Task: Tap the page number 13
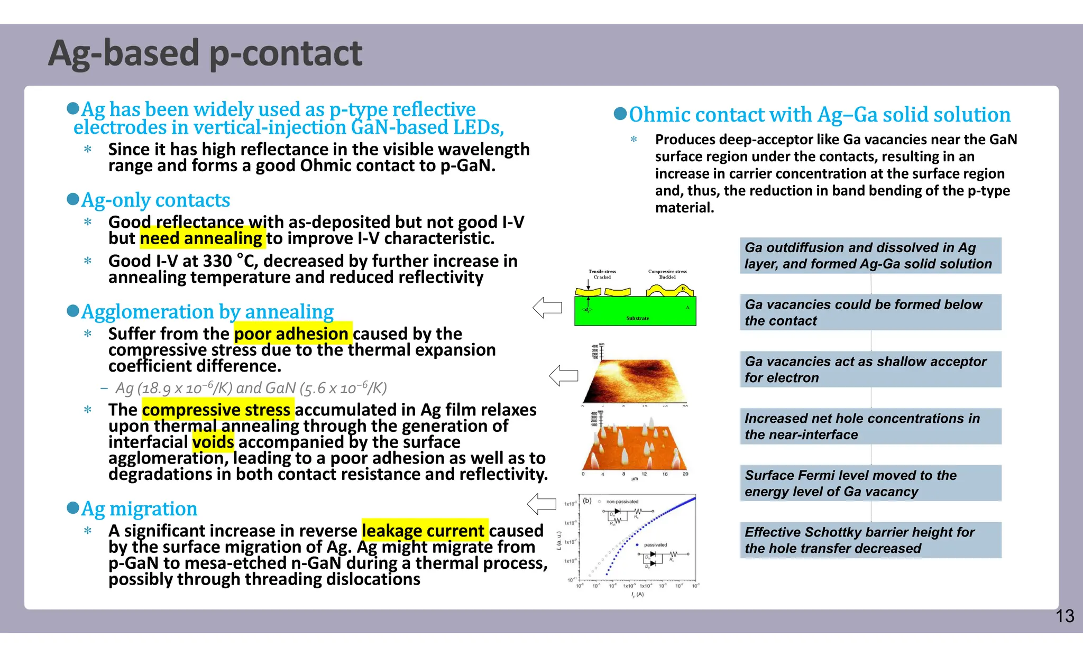point(1064,616)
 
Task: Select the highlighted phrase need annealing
point(201,238)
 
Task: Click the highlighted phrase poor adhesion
point(291,334)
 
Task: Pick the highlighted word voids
point(213,442)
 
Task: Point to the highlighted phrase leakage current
point(423,530)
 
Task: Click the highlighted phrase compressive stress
point(216,410)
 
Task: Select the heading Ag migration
point(139,508)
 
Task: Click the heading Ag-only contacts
point(155,200)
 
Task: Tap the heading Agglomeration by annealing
point(207,311)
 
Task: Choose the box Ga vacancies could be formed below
point(870,312)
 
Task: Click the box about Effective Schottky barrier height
point(870,540)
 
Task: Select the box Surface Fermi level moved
point(870,483)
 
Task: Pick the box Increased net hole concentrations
point(870,426)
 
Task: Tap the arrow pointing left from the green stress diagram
point(547,308)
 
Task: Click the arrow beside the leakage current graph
point(541,504)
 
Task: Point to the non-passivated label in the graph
point(622,502)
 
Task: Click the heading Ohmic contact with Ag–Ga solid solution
point(819,115)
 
